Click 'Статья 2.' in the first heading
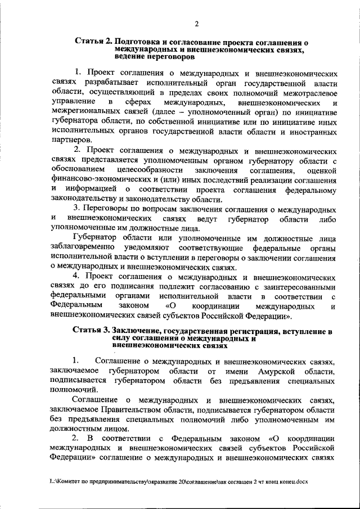point(92,42)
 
